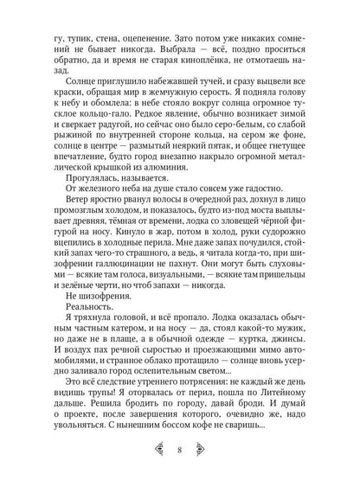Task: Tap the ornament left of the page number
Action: pyautogui.click(x=156, y=450)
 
